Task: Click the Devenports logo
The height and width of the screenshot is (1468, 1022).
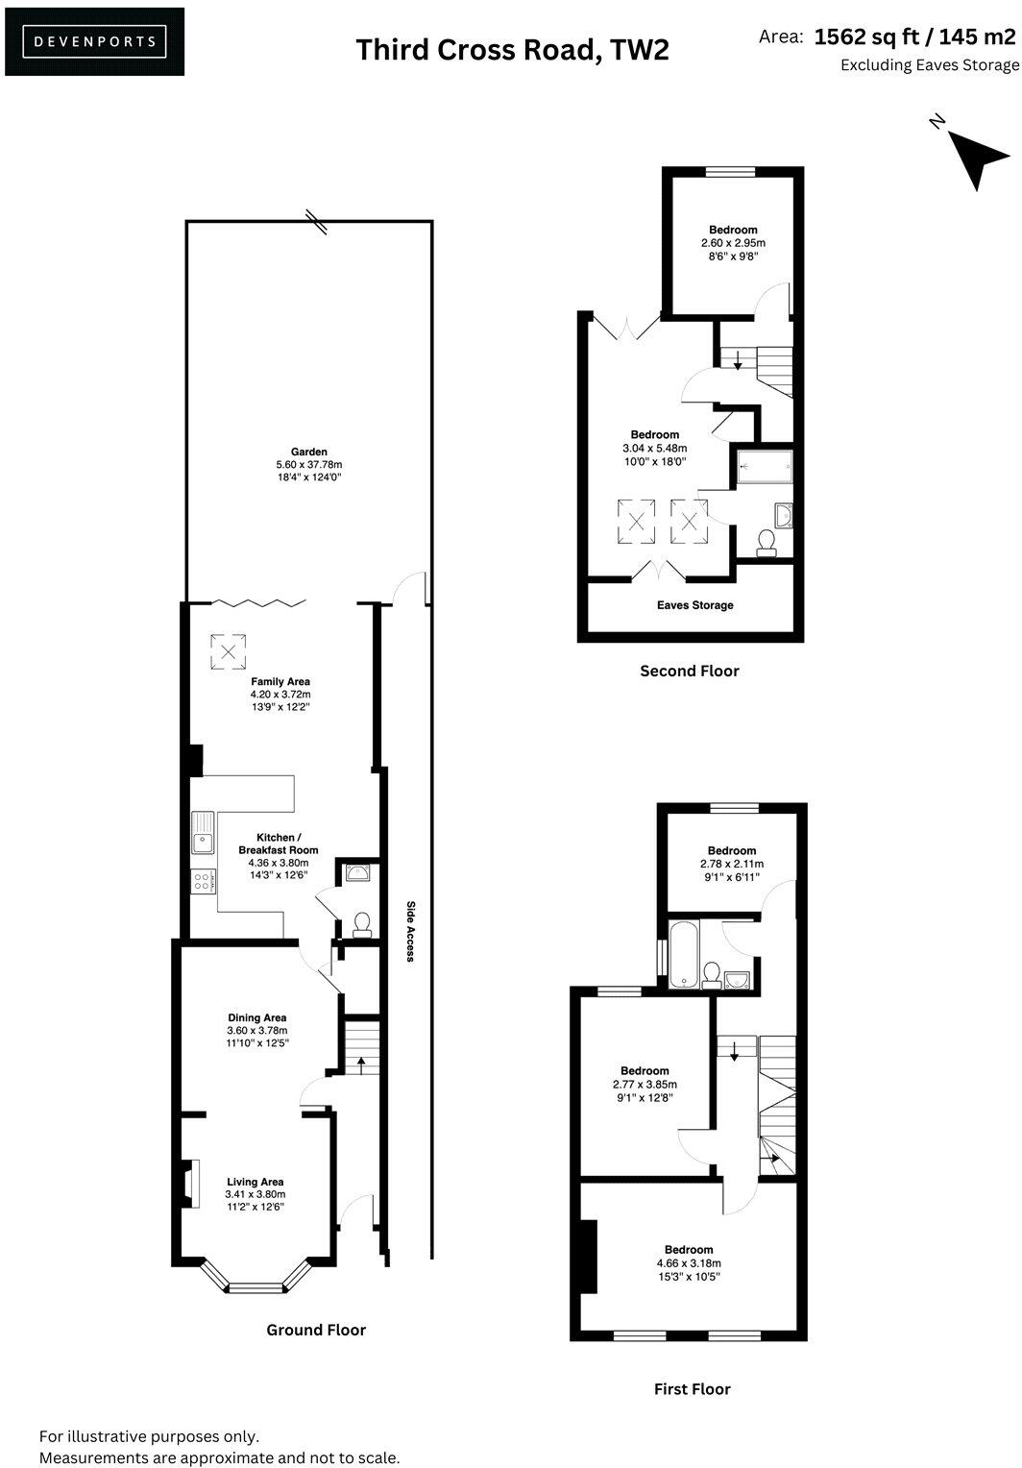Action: pos(94,41)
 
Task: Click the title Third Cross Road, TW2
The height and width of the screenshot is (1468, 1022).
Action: pos(512,50)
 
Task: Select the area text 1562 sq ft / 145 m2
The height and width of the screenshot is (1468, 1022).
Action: pos(913,37)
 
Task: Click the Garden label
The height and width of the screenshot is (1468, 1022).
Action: pos(309,452)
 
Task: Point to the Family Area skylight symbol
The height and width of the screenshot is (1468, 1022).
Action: pos(229,652)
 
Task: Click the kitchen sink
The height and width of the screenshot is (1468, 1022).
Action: pos(204,833)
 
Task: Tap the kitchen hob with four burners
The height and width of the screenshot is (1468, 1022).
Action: pos(203,881)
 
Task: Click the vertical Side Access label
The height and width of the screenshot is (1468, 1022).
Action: pos(409,931)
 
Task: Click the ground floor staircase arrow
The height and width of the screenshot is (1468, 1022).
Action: pos(362,1064)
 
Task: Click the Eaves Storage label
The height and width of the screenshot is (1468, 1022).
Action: pos(694,605)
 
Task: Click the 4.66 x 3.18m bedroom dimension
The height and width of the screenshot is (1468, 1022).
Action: pos(689,1263)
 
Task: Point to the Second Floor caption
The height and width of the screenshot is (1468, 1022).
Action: pos(690,671)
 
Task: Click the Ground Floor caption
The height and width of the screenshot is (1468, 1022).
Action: pos(316,1330)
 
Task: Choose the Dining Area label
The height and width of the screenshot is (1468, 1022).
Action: pos(256,1017)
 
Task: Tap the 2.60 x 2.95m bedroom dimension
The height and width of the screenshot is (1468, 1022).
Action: pos(733,243)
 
